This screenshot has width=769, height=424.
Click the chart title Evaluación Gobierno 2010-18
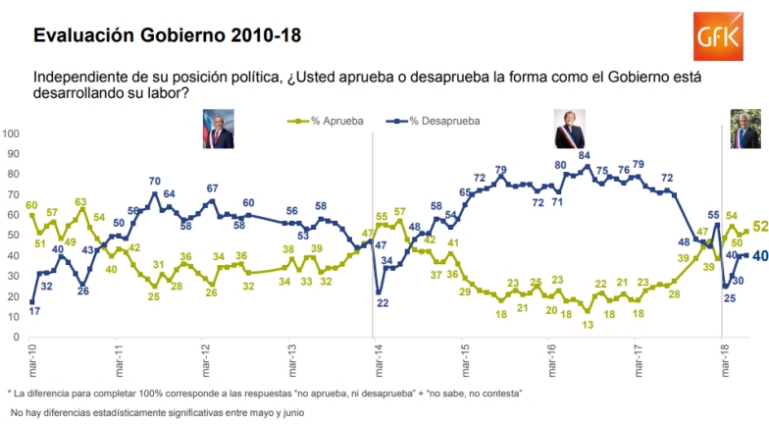[167, 34]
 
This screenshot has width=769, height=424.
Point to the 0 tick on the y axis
[14, 337]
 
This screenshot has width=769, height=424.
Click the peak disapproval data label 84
[585, 156]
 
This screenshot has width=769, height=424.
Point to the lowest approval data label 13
[587, 324]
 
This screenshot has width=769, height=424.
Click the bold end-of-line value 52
[760, 227]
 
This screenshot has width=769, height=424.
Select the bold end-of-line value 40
[760, 255]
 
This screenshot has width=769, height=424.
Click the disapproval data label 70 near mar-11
[155, 182]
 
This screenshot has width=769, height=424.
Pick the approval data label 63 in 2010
[81, 202]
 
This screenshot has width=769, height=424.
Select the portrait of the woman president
[570, 129]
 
